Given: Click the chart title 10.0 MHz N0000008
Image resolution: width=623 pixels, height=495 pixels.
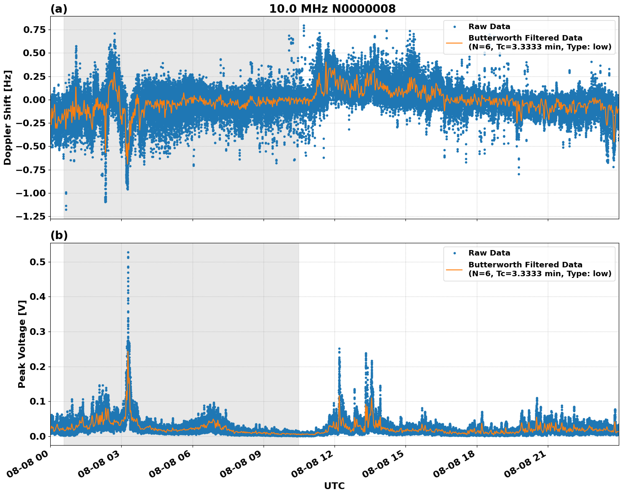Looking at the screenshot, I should click(x=332, y=9).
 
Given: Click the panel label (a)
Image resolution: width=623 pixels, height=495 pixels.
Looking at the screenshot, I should click(x=59, y=9).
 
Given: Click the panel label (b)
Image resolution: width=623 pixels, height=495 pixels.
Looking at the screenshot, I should click(x=59, y=236).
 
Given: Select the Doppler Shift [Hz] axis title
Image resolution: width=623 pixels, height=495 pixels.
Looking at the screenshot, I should click(x=8, y=117).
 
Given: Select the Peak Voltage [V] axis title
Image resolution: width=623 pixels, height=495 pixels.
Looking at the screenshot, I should click(x=22, y=344).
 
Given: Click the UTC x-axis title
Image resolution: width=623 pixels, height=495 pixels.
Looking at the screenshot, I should click(x=334, y=486).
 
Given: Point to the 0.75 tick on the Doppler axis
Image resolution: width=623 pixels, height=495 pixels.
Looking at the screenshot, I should click(x=33, y=30).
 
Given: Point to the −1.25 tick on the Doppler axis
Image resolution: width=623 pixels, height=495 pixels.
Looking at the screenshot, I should click(x=30, y=216).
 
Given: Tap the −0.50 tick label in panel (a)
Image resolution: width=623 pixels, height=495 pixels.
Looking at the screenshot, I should click(x=30, y=147).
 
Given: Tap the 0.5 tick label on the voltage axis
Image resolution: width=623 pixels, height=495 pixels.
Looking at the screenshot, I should click(x=38, y=262).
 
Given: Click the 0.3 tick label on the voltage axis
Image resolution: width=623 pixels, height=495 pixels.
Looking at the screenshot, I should click(x=38, y=332).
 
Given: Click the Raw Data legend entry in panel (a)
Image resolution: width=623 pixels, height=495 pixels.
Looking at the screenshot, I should click(x=489, y=27).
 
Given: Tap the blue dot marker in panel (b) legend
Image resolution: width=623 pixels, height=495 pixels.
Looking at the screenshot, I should click(x=454, y=253).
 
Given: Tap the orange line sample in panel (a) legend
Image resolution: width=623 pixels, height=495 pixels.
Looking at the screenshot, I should click(x=454, y=43).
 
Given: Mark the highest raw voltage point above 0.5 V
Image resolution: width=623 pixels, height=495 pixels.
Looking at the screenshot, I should click(x=128, y=253).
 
